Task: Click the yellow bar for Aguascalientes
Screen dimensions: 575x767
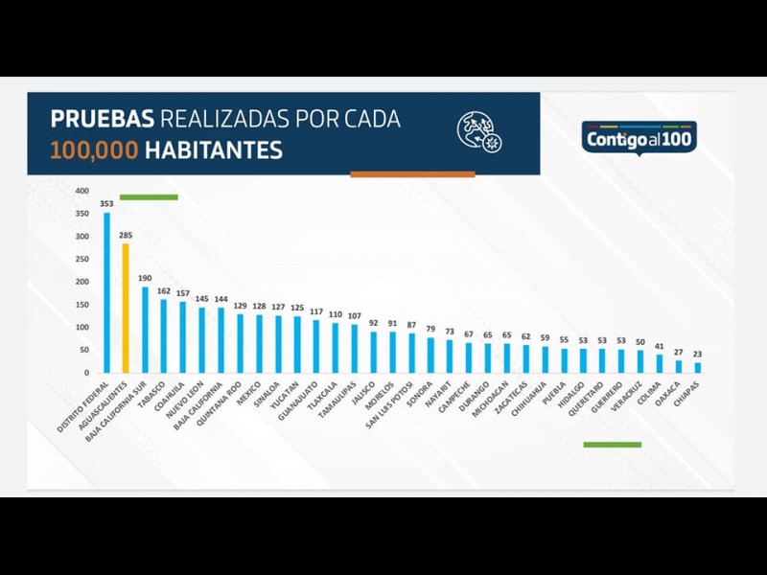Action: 125,309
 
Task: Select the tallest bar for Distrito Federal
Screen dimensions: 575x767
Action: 106,292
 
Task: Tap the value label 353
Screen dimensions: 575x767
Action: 106,205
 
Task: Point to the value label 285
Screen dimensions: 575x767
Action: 125,236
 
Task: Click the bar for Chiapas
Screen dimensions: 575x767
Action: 698,368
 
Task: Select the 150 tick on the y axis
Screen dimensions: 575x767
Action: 82,306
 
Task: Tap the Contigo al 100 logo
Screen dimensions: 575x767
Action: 639,138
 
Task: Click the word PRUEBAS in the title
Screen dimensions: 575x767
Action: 102,121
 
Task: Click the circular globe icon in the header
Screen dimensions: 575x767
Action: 479,132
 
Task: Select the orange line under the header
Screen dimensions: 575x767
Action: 412,174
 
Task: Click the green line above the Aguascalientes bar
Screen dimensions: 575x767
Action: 149,197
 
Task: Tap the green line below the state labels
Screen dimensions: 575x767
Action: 612,445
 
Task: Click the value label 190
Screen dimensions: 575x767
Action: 145,279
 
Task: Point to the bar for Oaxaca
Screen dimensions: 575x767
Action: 679,367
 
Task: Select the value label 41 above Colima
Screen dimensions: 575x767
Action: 660,347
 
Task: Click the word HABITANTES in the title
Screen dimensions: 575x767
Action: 214,150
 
